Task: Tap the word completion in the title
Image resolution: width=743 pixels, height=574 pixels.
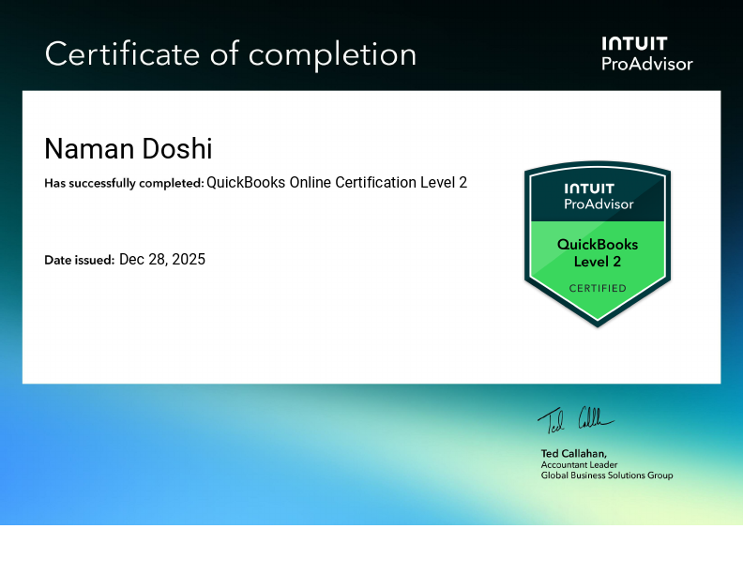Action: click(332, 55)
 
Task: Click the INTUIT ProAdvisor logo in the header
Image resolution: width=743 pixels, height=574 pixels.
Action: click(646, 53)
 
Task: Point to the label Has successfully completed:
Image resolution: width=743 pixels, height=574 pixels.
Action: click(124, 183)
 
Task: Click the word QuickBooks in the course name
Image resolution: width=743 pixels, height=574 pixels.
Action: click(246, 182)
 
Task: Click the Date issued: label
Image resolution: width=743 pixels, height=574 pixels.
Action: click(80, 260)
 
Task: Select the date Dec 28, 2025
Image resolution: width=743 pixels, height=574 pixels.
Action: click(162, 259)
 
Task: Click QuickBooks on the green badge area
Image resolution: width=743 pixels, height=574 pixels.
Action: click(598, 244)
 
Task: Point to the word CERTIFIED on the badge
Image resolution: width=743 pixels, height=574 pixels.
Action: click(598, 288)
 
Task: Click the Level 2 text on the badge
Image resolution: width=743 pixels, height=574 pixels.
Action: click(598, 261)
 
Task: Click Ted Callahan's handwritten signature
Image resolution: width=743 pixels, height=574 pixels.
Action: click(575, 419)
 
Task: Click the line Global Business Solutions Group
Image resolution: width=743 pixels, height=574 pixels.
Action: click(606, 476)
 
